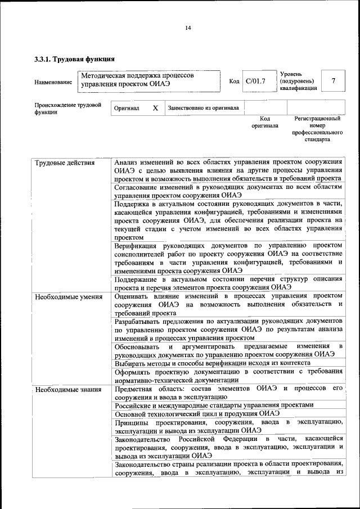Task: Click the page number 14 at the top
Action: click(188, 28)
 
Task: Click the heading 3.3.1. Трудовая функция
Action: click(74, 58)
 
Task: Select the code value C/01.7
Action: click(255, 82)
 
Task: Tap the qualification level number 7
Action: click(334, 81)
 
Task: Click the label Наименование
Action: click(53, 82)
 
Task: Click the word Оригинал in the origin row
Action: click(127, 108)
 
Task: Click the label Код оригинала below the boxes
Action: click(265, 122)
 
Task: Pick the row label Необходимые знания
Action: click(67, 389)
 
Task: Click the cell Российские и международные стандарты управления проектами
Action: click(214, 406)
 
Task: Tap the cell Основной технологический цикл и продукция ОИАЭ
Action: click(197, 414)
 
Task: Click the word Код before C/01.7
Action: click(234, 82)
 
